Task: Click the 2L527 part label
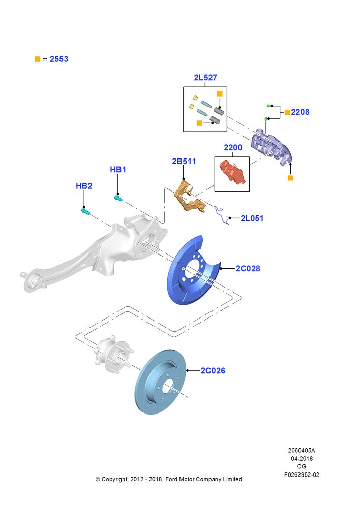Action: click(205, 78)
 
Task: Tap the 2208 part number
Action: click(300, 112)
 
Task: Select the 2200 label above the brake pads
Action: click(233, 148)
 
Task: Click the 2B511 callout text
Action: click(184, 162)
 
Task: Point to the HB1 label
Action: click(118, 170)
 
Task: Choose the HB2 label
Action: click(84, 186)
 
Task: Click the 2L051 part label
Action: click(252, 218)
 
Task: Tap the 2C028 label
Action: click(248, 269)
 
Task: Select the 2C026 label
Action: click(213, 371)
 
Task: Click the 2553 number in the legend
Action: click(59, 59)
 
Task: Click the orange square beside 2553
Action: click(37, 59)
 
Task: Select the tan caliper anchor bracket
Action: click(189, 197)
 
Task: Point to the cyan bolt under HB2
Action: click(85, 211)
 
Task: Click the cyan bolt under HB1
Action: click(118, 198)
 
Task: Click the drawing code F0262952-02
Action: click(302, 474)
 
